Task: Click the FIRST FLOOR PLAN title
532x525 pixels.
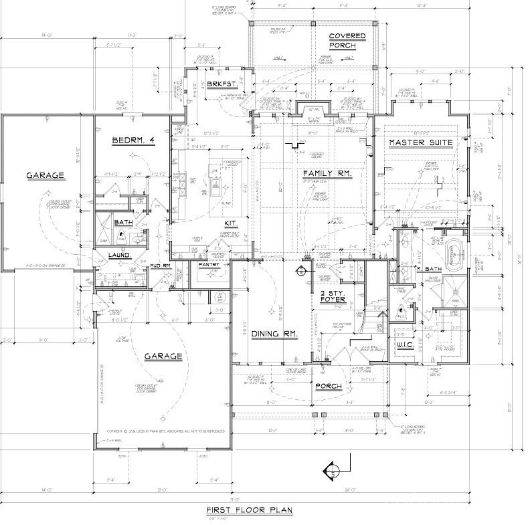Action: [249, 510]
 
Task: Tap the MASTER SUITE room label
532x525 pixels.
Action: [420, 142]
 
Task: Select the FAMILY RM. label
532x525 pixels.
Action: [327, 173]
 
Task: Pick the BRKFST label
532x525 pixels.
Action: [219, 84]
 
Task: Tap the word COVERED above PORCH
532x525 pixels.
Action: [347, 35]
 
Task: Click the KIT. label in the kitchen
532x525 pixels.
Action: [232, 222]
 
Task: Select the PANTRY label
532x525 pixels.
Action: [209, 265]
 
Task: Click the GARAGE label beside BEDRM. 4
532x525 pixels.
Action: [45, 176]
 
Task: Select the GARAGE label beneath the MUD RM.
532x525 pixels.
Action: [163, 356]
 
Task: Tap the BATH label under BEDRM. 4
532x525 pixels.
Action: [123, 222]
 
